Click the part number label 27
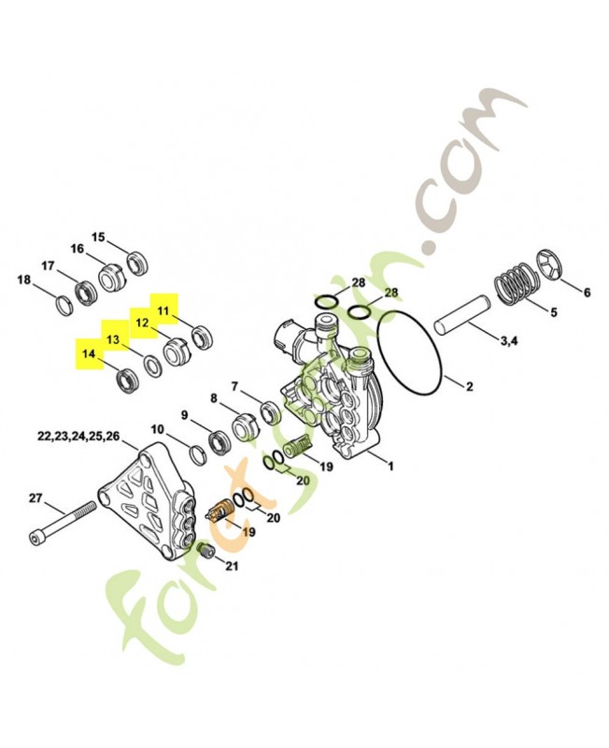tap(35, 498)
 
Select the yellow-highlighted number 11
tap(163, 311)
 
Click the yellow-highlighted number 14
tap(89, 354)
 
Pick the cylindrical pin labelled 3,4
tap(460, 316)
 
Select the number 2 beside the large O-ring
tap(470, 386)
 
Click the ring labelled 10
tap(198, 454)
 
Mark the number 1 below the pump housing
tap(391, 466)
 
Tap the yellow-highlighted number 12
tap(142, 323)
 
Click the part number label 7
tap(234, 385)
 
